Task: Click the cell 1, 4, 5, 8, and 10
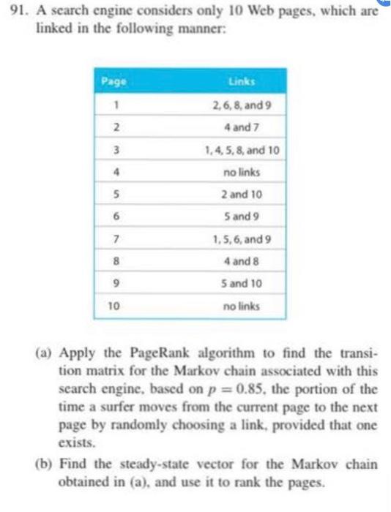tap(242, 152)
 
